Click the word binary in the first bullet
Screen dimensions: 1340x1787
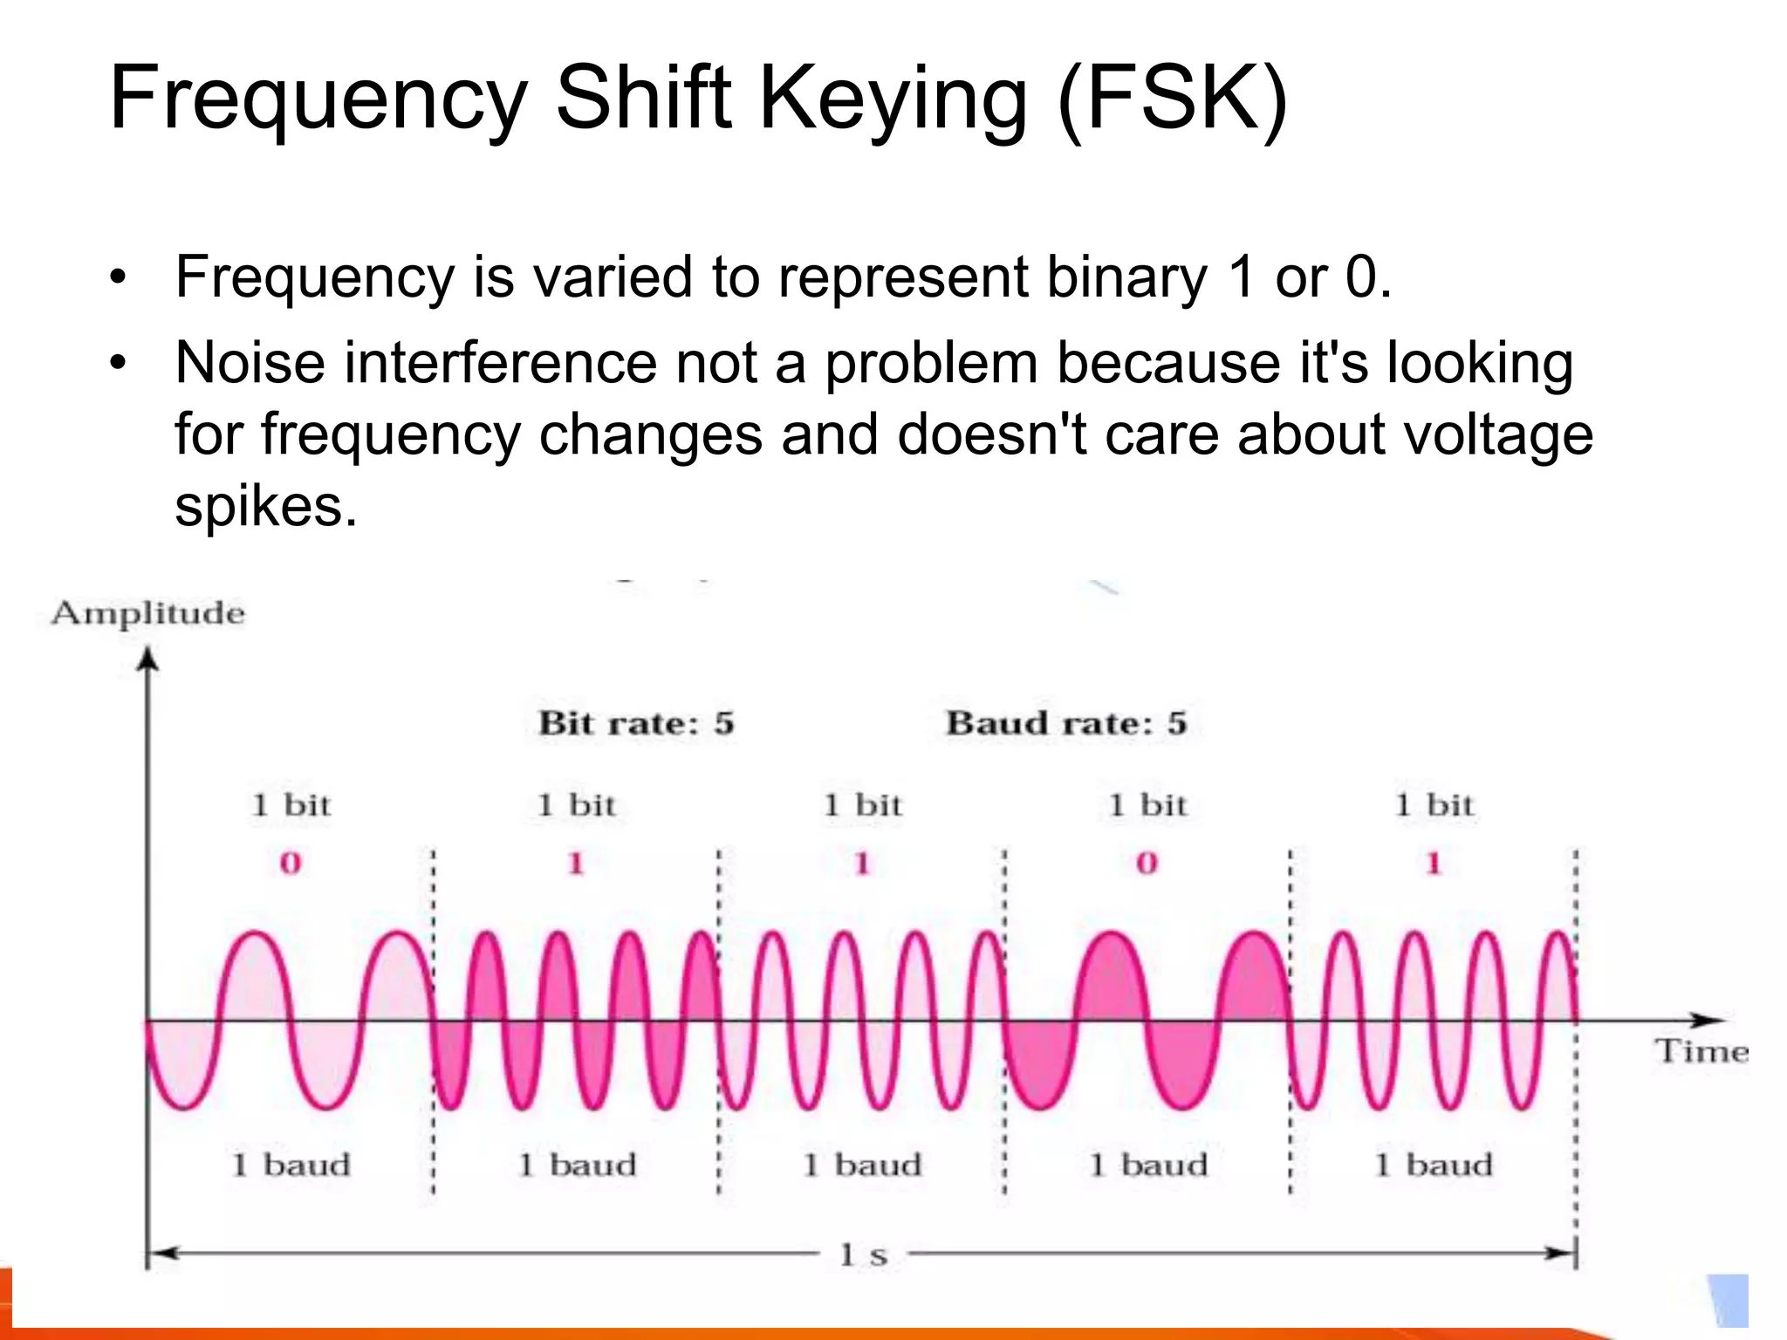coord(1126,277)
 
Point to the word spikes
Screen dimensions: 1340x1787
coord(265,506)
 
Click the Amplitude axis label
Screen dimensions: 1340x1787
coord(147,613)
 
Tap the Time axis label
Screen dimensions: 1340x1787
coord(1701,1051)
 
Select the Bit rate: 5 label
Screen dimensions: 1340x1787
coord(636,723)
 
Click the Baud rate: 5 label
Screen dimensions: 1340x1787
coord(1066,723)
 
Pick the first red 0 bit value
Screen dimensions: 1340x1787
coord(290,864)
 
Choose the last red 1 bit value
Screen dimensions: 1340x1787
coord(1433,864)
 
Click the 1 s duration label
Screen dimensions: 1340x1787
coord(863,1255)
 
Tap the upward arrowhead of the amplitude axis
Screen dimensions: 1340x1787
coord(149,658)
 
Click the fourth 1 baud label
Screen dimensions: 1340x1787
coord(1148,1165)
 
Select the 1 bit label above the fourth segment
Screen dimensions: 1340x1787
coord(1148,804)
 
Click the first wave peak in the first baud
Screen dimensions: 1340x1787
coord(256,936)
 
